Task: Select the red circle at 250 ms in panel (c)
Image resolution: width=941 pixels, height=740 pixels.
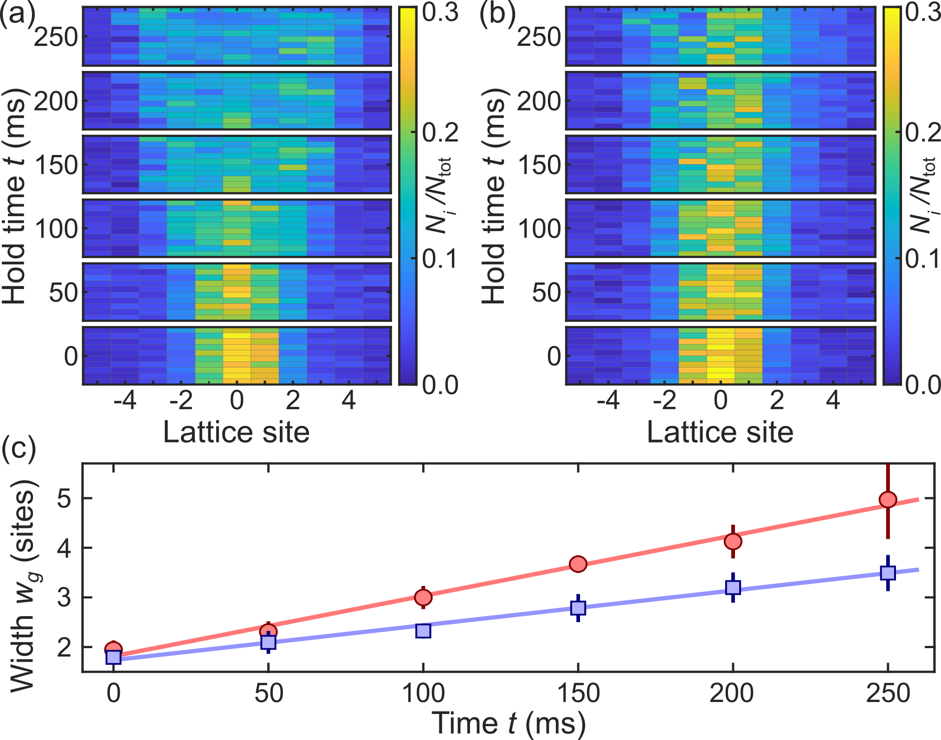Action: [888, 500]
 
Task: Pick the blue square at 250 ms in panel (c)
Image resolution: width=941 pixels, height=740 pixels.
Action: [888, 573]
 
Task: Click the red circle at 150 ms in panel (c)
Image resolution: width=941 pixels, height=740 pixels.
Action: [578, 564]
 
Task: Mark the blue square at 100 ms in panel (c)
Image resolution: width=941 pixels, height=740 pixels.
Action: [423, 631]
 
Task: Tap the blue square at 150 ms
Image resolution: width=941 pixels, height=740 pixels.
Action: [578, 608]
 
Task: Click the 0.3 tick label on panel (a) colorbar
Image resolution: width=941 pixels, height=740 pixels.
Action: [440, 13]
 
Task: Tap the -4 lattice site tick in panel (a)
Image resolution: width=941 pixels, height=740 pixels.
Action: [125, 400]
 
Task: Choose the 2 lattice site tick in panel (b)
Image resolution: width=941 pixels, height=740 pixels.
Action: [777, 400]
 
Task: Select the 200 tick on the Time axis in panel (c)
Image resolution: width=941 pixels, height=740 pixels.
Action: [732, 694]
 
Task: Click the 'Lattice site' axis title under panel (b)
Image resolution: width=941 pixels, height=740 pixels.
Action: [720, 432]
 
